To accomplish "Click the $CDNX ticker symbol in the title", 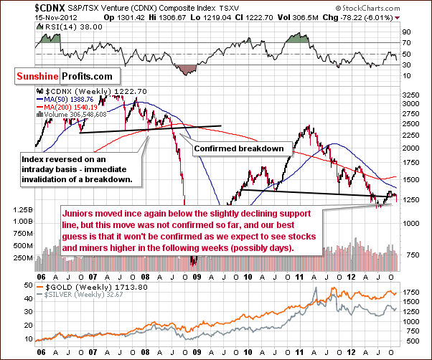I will click(21, 6).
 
